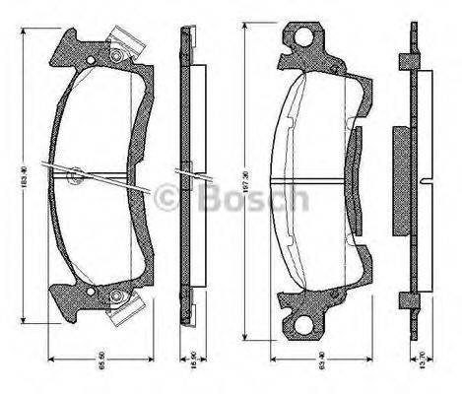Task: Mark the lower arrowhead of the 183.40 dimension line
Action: click(x=25, y=324)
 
